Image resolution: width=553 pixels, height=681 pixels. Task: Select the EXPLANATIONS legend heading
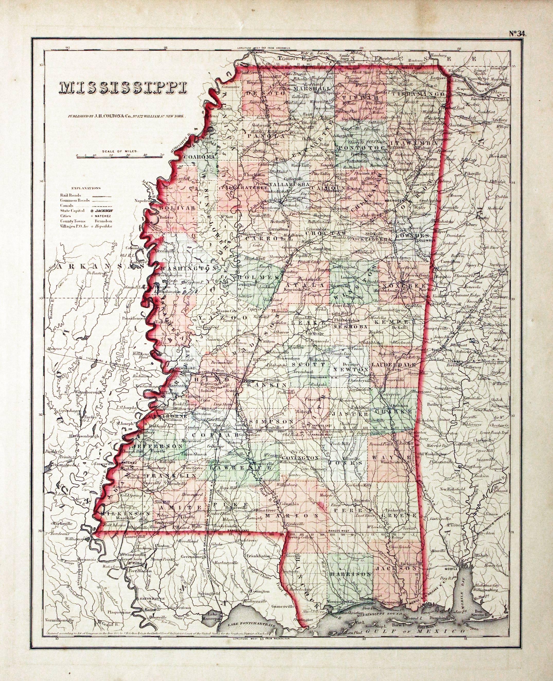86,188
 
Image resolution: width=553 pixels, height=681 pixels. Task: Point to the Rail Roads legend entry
71,195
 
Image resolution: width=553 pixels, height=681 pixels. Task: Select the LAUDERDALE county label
394,364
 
